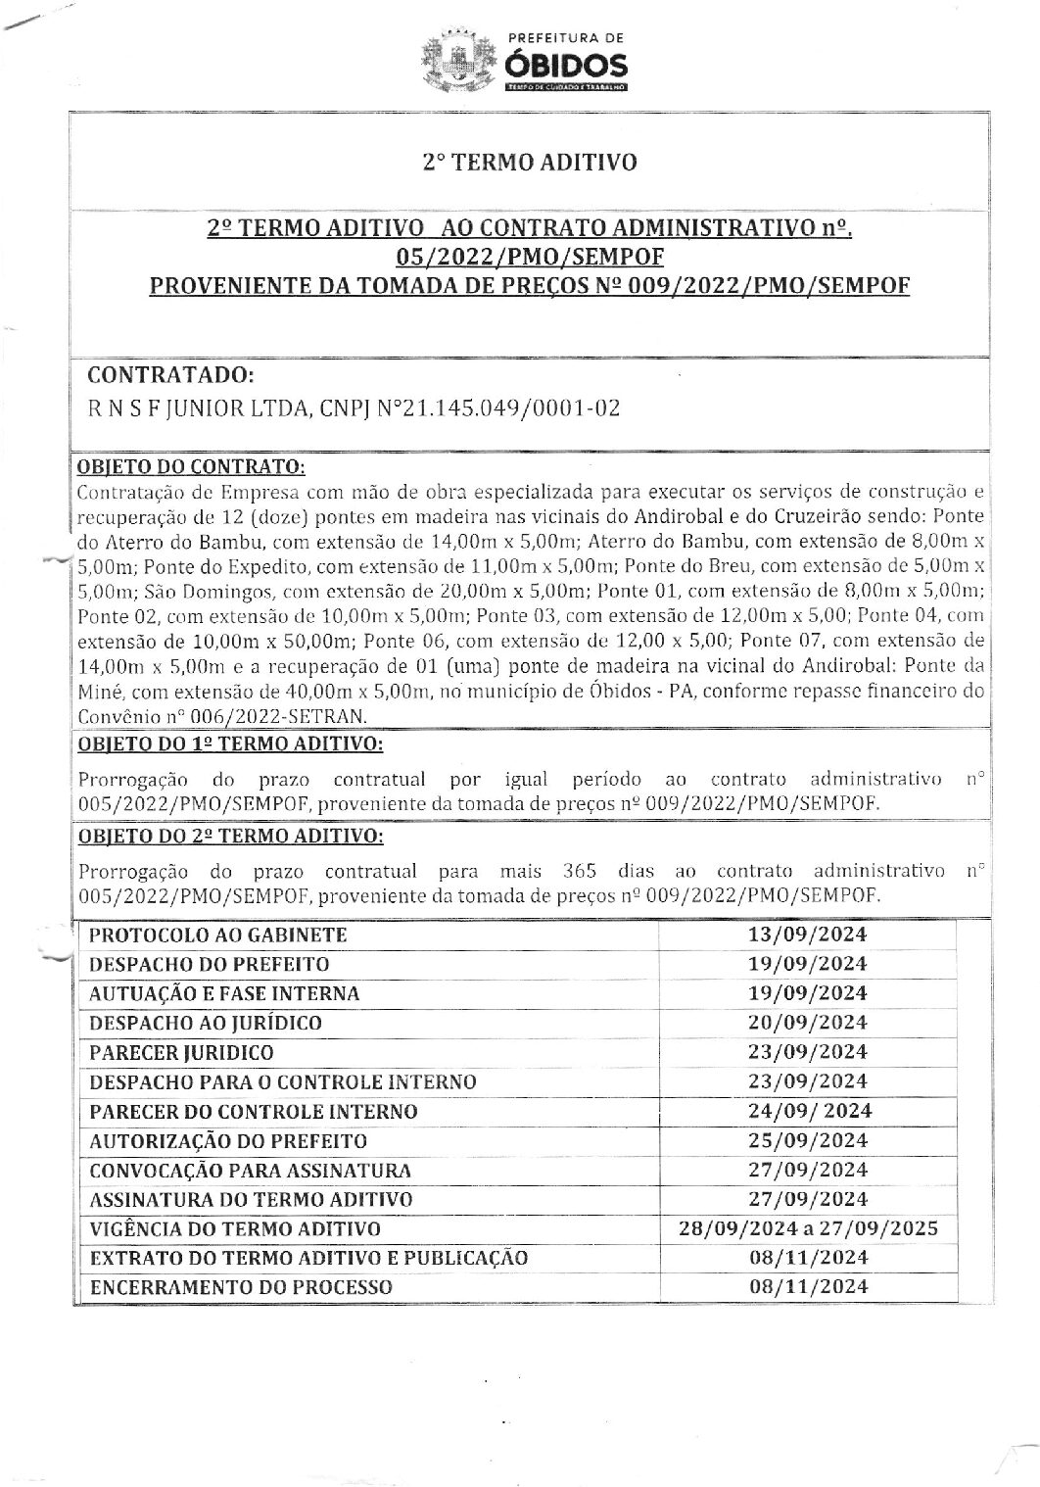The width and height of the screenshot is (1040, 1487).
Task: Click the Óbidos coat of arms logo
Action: tap(456, 61)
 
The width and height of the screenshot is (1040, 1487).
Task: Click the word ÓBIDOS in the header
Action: tap(565, 66)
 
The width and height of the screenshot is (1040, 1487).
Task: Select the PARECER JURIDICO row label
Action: tap(181, 1052)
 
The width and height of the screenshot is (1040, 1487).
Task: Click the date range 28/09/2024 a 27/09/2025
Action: tap(808, 1228)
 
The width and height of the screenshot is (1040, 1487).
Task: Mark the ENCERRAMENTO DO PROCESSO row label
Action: tap(241, 1287)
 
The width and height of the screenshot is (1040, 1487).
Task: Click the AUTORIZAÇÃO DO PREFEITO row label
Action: tap(228, 1140)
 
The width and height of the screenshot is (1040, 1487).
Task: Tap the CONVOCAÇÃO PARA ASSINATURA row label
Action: tap(250, 1170)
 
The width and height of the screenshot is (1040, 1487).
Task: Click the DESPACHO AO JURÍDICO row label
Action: tap(206, 1023)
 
